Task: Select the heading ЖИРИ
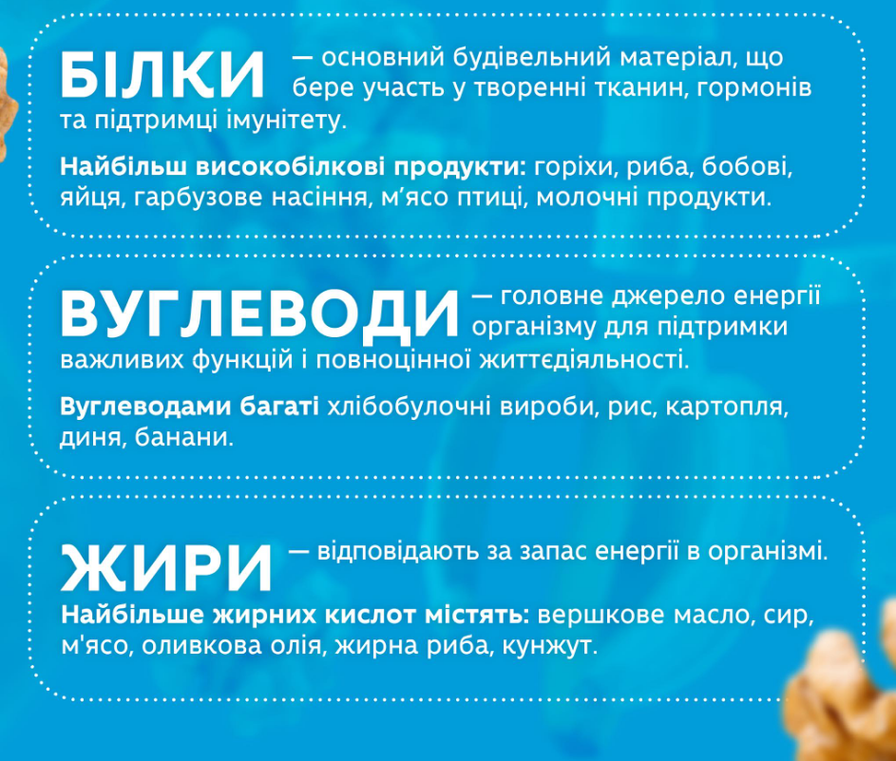tap(166, 567)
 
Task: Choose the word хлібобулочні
tap(411, 409)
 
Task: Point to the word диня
tap(91, 439)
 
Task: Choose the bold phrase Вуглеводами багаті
tap(190, 409)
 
